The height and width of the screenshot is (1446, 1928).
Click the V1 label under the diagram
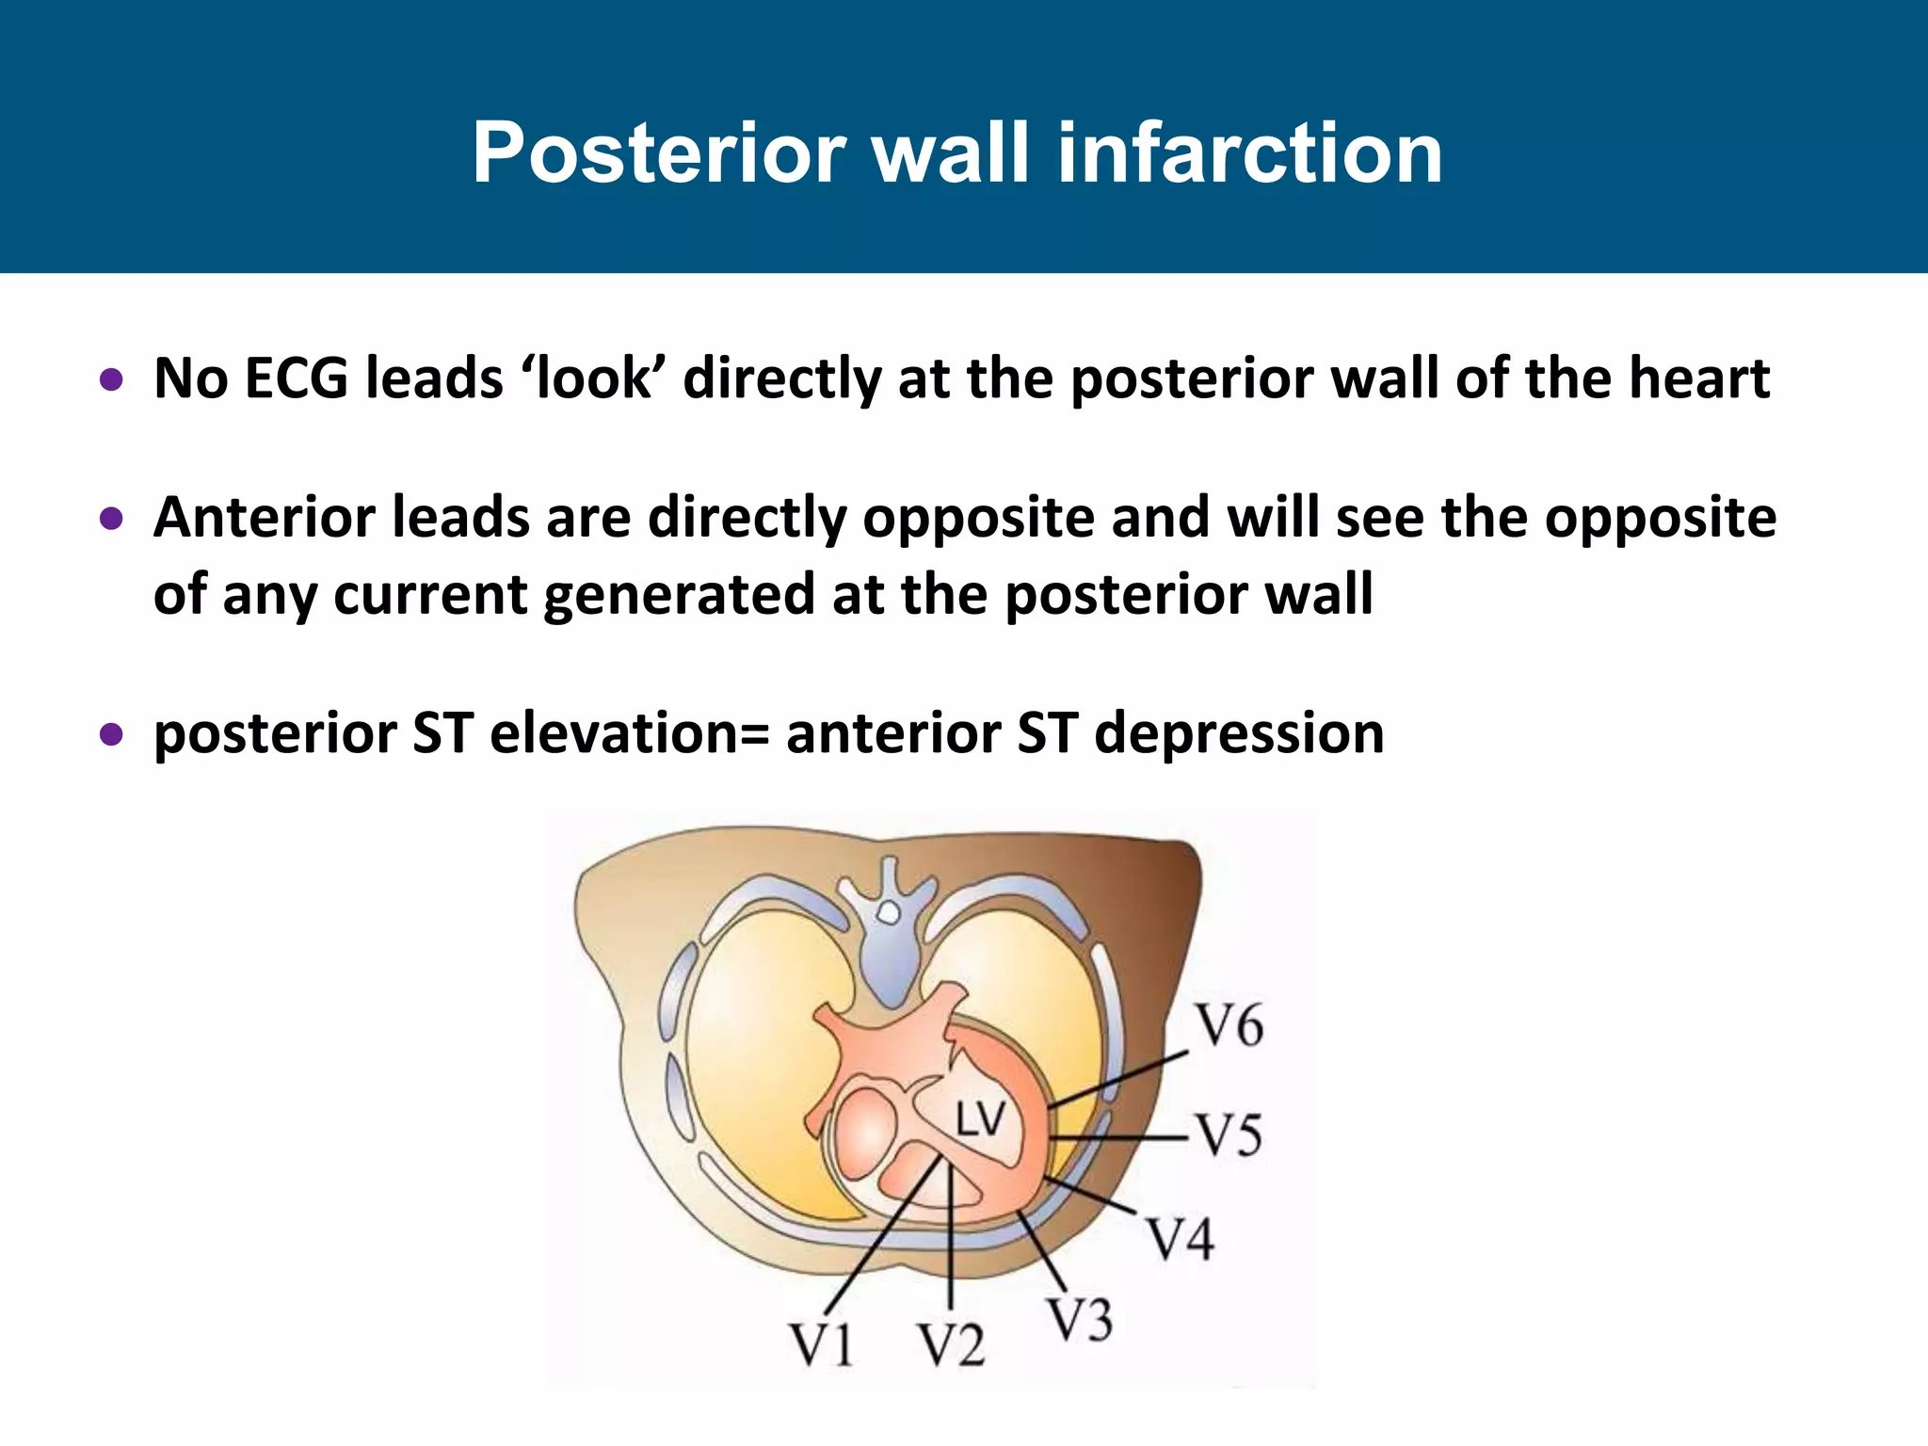pos(821,1344)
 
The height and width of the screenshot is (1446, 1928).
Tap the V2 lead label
pos(952,1344)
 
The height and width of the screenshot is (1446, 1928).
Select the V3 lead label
pos(1080,1319)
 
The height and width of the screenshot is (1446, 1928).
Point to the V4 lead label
pos(1181,1238)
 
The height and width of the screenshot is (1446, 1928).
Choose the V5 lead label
pos(1229,1135)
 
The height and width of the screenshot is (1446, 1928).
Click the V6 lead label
pos(1229,1026)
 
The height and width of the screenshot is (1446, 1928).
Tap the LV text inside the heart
pos(981,1121)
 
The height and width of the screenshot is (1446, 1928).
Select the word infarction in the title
pos(1250,153)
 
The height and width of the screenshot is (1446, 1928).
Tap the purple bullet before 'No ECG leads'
pos(112,380)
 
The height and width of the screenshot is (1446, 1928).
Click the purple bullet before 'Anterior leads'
pos(112,519)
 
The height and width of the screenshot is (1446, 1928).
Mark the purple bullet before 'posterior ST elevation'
pos(112,734)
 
